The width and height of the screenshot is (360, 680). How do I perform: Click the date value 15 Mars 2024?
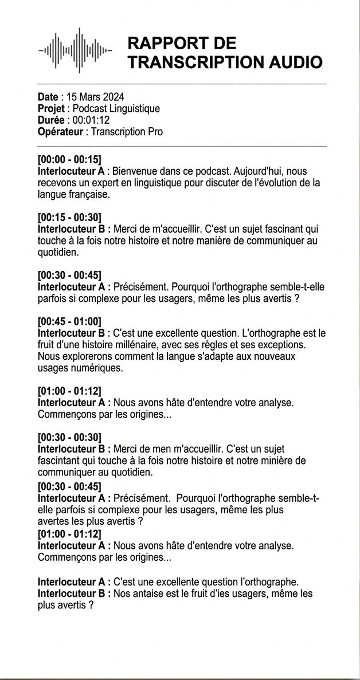(x=95, y=97)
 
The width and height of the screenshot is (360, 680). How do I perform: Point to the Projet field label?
(x=51, y=109)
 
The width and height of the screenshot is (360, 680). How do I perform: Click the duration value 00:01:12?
(x=91, y=120)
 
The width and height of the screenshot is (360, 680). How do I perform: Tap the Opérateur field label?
(x=60, y=132)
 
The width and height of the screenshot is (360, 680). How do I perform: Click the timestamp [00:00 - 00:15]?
(x=69, y=160)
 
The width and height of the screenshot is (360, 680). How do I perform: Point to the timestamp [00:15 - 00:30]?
(x=69, y=218)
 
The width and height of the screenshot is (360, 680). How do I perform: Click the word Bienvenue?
(x=134, y=171)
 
